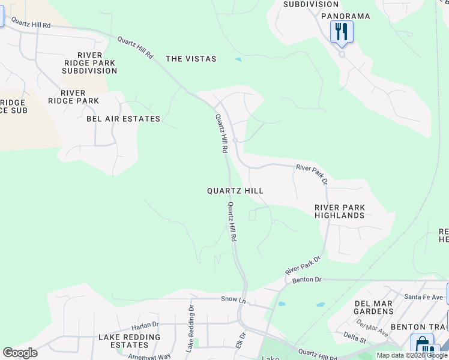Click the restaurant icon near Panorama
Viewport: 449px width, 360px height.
click(x=342, y=31)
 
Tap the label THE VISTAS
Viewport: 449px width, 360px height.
click(x=191, y=59)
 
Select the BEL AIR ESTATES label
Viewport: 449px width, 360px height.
click(x=124, y=119)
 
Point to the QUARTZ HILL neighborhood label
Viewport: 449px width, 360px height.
click(x=235, y=190)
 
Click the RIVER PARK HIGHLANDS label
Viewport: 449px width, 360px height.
click(x=340, y=211)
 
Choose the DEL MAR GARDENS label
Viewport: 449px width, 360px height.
click(x=373, y=307)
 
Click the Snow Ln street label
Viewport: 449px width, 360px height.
click(x=234, y=298)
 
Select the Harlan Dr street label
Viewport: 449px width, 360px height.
click(x=143, y=328)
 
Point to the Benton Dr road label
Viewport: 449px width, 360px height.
click(x=307, y=280)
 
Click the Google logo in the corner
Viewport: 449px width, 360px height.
click(x=20, y=353)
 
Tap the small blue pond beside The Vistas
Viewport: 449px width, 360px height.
click(x=238, y=59)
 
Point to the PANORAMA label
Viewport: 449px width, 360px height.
click(x=345, y=16)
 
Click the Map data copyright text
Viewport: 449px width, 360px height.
click(x=411, y=355)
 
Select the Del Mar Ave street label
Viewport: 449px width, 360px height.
click(x=372, y=326)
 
